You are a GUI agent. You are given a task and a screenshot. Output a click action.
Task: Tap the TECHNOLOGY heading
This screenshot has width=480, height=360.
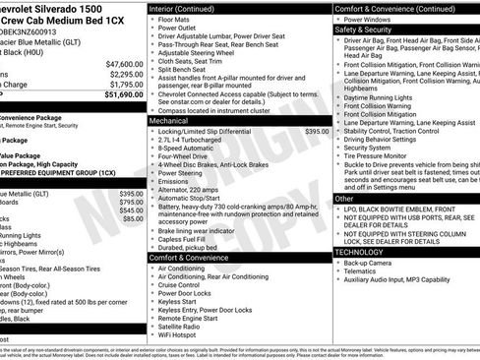(360, 252)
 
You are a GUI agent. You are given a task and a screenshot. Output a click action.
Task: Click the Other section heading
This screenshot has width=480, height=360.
(344, 199)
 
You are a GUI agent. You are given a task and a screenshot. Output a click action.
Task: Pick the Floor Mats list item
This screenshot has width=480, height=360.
(177, 19)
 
